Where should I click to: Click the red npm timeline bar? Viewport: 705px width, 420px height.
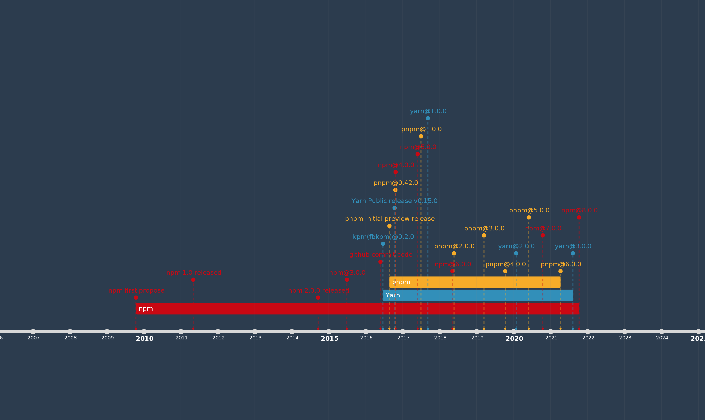point(283,309)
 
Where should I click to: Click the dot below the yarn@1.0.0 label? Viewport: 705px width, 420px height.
point(428,118)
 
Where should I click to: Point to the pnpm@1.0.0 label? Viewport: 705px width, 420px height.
point(421,129)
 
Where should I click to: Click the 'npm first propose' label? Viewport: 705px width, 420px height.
point(136,291)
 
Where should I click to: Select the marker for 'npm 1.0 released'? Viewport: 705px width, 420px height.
point(193,280)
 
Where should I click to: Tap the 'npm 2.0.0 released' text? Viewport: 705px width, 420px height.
point(318,291)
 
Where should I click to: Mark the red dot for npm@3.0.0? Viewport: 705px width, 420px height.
point(347,280)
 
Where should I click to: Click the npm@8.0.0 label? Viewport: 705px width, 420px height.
point(580,210)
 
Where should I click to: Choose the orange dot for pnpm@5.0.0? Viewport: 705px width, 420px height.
point(529,217)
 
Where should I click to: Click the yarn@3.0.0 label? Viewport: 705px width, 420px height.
point(573,246)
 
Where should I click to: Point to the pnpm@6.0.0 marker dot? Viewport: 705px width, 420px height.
point(561,271)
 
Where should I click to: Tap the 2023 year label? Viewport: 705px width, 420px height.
point(625,338)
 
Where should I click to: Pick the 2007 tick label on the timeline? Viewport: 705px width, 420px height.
point(33,338)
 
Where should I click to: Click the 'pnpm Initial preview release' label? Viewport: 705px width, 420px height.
point(390,219)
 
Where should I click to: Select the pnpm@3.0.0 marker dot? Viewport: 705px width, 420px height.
point(484,235)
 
